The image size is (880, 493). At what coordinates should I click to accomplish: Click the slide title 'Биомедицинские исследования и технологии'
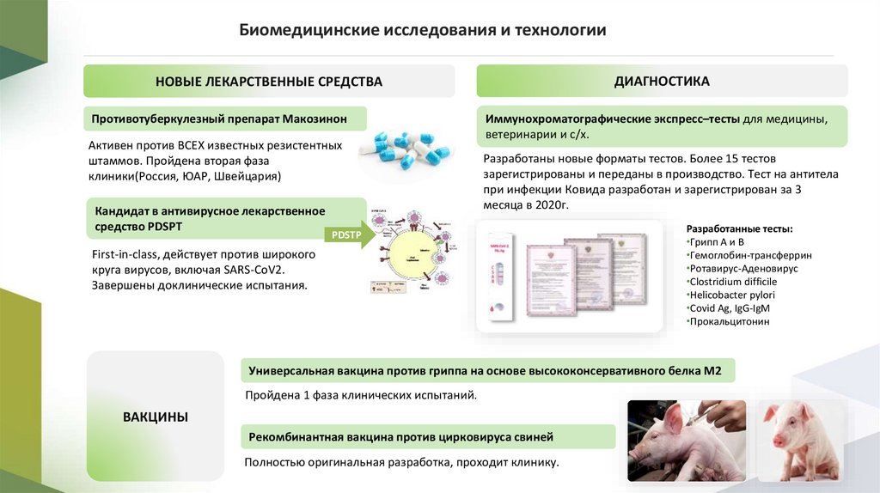pos(422,31)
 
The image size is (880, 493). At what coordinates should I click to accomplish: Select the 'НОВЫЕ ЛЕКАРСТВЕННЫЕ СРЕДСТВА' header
pos(269,82)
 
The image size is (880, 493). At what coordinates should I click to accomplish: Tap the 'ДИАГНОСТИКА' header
pos(662,82)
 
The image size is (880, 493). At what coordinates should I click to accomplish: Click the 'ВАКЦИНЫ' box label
pos(156,417)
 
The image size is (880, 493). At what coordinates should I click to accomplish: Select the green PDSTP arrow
pos(347,234)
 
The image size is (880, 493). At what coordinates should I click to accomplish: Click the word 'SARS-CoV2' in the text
pos(254,270)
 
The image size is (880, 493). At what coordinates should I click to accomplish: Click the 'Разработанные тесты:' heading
pos(740,229)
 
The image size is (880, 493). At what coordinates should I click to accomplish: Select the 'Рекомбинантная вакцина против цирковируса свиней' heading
pos(400,437)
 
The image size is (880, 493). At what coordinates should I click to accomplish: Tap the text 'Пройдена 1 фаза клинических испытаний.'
pos(360,395)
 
